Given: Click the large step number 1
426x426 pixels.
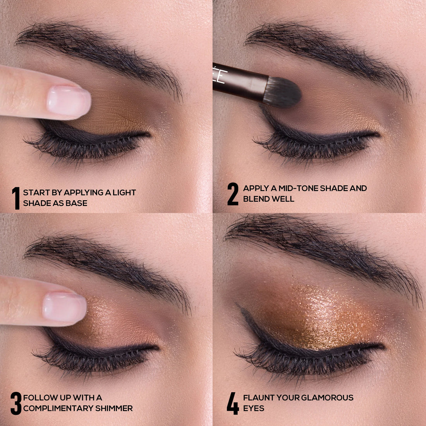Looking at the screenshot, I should point(16,198).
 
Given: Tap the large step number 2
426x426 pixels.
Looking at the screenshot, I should point(233,194).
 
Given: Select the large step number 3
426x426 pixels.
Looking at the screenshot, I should point(16,403).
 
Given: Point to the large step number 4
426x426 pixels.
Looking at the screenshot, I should point(233,403).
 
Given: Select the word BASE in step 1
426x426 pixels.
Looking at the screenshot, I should point(76,203).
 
